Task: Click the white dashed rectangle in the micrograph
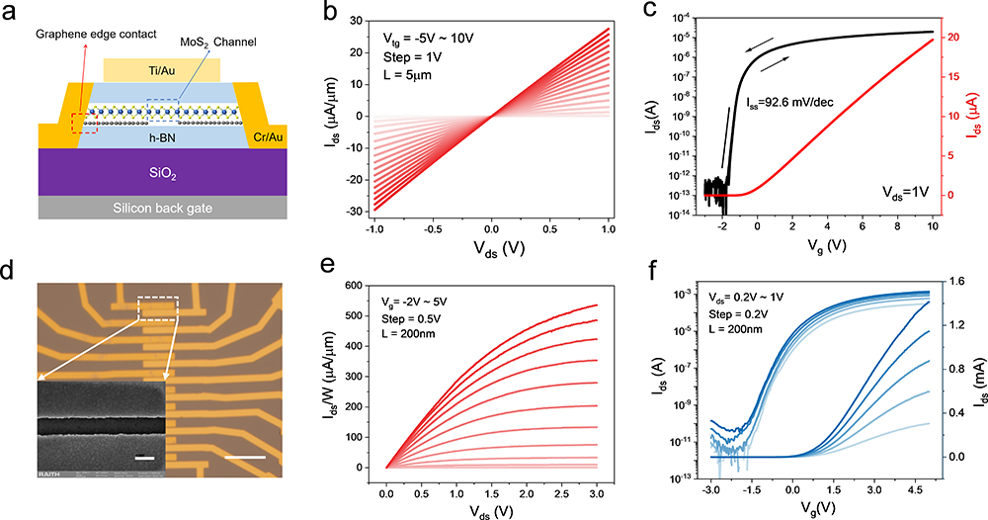pyautogui.click(x=158, y=307)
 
